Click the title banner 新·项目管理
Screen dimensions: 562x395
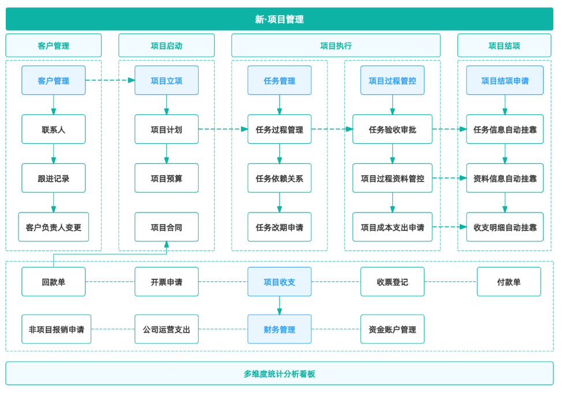279,19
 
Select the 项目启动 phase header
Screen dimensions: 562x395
166,46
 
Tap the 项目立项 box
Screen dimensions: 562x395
166,80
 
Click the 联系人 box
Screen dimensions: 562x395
53,129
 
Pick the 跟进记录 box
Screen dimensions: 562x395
53,178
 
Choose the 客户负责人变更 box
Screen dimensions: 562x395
53,227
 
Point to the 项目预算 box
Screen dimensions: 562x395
166,178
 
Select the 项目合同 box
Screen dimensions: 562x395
166,227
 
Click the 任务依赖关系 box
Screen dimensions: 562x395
279,178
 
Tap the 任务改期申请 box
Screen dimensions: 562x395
279,227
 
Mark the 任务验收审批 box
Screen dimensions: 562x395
392,129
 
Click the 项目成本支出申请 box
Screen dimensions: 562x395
392,227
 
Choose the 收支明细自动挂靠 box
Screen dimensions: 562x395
505,227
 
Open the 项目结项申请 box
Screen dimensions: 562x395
505,80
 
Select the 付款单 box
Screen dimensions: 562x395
509,282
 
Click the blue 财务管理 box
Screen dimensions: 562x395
279,329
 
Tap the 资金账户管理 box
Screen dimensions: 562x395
392,329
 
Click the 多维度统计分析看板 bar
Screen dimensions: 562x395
279,374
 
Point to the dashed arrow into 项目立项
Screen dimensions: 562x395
110,80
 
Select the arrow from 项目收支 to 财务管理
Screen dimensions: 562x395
279,305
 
